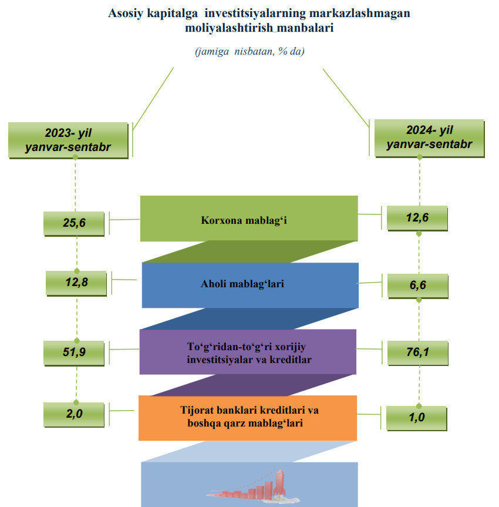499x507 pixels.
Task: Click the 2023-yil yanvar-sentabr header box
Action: click(x=68, y=140)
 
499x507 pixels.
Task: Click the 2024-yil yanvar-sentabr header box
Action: click(x=429, y=137)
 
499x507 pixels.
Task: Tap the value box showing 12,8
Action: click(x=76, y=283)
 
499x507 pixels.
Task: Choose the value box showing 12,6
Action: click(x=417, y=218)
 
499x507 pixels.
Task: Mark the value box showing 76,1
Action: click(x=417, y=352)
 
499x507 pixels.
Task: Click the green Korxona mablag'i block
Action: click(x=249, y=219)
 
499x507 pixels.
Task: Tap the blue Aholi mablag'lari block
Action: click(x=250, y=285)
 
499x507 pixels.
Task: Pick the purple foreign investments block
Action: click(x=248, y=351)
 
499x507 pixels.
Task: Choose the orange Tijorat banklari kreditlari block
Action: click(x=247, y=417)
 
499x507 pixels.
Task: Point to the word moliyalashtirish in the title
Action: click(x=224, y=28)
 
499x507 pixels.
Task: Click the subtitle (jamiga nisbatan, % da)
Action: click(x=249, y=52)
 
